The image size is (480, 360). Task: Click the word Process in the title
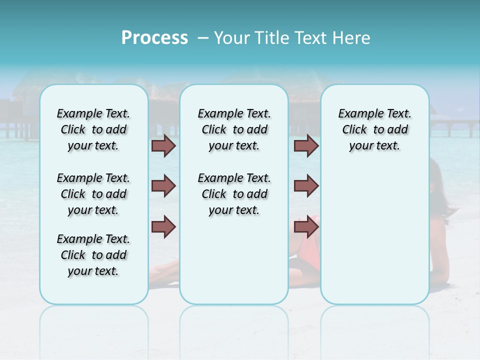click(x=154, y=38)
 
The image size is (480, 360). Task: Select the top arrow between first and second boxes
click(x=163, y=146)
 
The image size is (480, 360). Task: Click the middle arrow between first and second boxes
click(x=163, y=186)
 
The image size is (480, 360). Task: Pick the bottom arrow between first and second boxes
click(x=163, y=227)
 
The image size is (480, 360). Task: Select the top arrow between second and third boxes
click(x=306, y=146)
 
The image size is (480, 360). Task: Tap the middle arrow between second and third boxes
click(x=306, y=186)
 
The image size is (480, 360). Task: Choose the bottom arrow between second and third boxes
click(x=306, y=227)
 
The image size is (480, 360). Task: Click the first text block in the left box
click(x=93, y=129)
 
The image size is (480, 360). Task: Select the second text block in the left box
click(x=93, y=194)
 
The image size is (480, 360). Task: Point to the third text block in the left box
click(x=93, y=255)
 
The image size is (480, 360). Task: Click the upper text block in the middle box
click(x=234, y=129)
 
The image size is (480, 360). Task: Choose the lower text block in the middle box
click(x=234, y=194)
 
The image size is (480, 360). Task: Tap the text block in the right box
click(x=374, y=129)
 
